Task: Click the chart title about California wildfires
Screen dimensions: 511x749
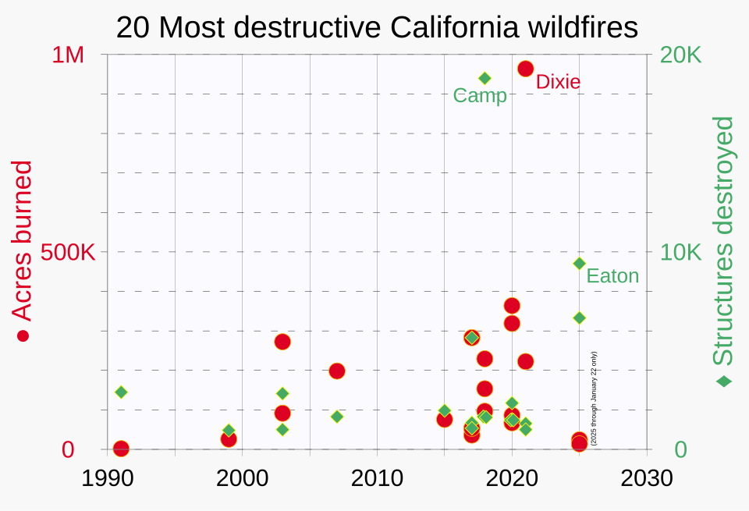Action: tap(377, 28)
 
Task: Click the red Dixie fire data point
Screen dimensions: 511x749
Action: tap(525, 69)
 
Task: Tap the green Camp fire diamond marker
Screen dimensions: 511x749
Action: tap(485, 78)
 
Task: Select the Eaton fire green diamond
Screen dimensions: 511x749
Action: tap(580, 264)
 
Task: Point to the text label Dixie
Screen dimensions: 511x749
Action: tap(558, 82)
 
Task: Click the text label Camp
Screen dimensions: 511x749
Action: tap(480, 96)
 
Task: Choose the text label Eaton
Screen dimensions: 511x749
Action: tap(612, 276)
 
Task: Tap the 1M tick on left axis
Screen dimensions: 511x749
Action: tap(68, 55)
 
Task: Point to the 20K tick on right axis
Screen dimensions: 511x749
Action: tap(681, 55)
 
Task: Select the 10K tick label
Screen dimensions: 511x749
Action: tap(681, 253)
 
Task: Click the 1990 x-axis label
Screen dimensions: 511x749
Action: tap(107, 477)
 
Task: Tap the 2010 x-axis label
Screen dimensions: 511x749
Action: tap(378, 477)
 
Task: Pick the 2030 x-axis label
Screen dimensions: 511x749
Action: tap(648, 477)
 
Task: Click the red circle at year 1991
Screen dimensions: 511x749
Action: tap(121, 449)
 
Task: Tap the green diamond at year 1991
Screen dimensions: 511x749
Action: tap(121, 392)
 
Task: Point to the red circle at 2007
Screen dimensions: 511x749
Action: tap(337, 371)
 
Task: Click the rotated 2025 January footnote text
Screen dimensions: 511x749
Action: tap(594, 398)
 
